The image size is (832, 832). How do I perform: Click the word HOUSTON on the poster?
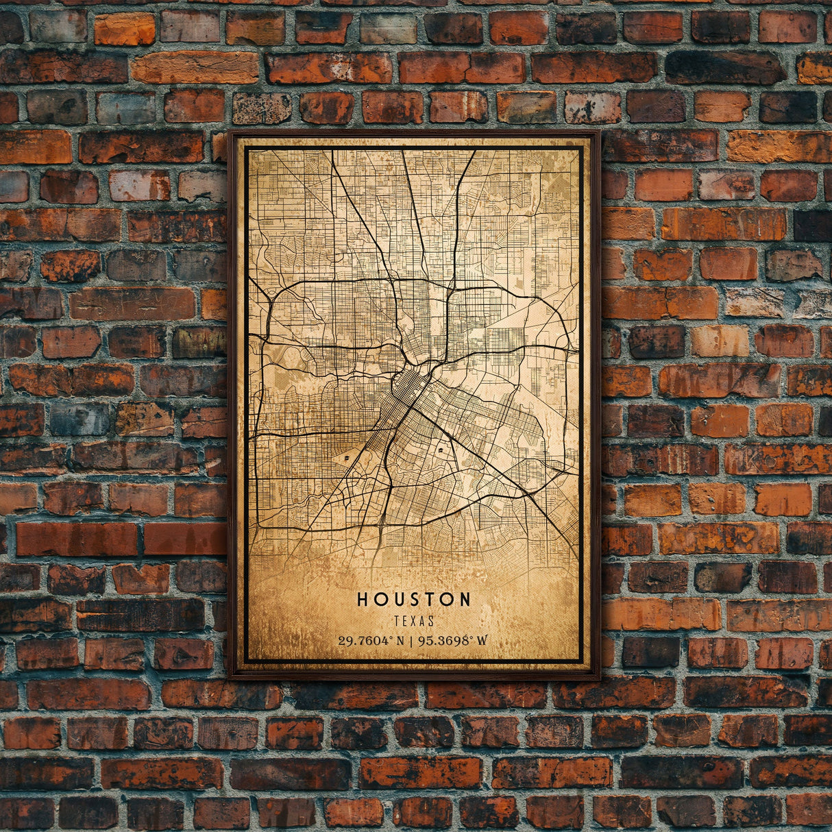[x=414, y=600]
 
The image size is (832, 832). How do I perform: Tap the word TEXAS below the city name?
[x=414, y=622]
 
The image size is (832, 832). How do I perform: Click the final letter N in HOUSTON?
[x=465, y=600]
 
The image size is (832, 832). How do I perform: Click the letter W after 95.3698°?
[x=482, y=641]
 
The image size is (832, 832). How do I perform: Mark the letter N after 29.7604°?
[x=398, y=641]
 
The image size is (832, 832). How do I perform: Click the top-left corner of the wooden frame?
[x=230, y=132]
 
